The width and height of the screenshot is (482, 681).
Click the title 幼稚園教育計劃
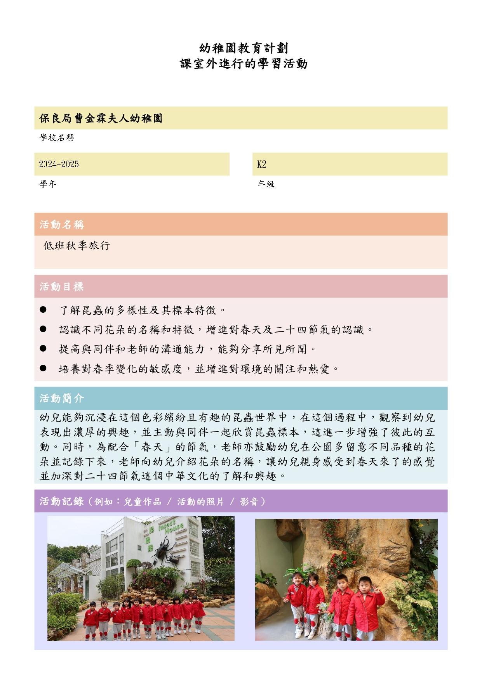[x=244, y=49]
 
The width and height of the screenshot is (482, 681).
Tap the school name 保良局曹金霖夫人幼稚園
[x=101, y=118]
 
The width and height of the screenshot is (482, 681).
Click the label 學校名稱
[x=57, y=138]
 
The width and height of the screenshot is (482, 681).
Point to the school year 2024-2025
[x=59, y=164]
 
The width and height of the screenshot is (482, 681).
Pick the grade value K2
[x=262, y=164]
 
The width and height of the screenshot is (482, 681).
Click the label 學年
[x=48, y=184]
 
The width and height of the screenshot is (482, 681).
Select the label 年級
[x=266, y=184]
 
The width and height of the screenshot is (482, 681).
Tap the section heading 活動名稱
[x=62, y=224]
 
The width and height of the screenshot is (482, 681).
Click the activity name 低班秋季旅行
[x=77, y=246]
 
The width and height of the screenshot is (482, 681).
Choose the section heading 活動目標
[x=62, y=287]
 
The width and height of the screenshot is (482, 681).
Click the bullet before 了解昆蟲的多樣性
[x=43, y=310]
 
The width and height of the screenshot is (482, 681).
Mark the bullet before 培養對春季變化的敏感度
[x=43, y=368]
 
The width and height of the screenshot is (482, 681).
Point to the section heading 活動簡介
[x=62, y=399]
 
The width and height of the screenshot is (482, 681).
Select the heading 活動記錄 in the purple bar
[x=62, y=501]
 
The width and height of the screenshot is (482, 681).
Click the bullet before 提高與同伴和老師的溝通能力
[x=43, y=348]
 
